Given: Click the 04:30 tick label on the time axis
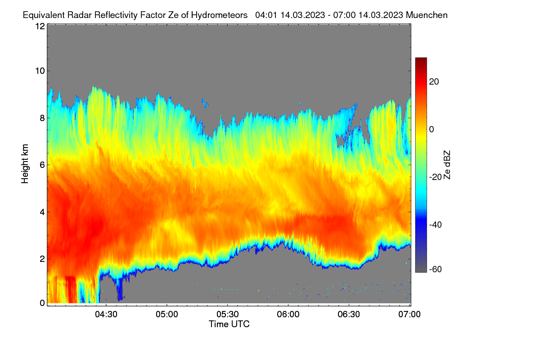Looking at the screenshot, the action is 106,315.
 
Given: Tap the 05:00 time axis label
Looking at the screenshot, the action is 167,315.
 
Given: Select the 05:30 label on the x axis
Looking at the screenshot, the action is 228,315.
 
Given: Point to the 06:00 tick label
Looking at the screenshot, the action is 288,315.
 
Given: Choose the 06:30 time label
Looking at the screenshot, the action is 349,315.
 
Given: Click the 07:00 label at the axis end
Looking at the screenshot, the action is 409,315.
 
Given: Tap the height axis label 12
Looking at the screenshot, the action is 40,26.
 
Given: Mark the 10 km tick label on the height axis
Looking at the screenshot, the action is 40,71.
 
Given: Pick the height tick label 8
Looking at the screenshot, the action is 42,118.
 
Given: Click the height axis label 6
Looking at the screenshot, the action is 42,165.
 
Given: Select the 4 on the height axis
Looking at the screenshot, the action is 42,212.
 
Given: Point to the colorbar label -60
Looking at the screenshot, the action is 436,270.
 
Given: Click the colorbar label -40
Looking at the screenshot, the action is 436,225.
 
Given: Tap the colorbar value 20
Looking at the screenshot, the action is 434,82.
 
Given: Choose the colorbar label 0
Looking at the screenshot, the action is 432,130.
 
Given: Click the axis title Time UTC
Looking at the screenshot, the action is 229,324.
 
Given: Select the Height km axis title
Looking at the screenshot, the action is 25,164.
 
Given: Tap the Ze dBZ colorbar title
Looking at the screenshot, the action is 447,165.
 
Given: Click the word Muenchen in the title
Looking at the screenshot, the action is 427,15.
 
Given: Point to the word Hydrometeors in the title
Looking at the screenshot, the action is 220,15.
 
